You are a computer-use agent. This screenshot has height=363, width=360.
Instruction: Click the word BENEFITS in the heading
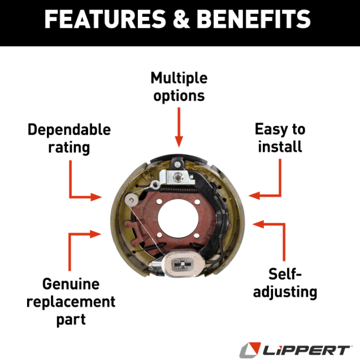pyautogui.click(x=254, y=20)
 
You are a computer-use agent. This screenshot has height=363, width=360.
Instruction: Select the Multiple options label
pyautogui.click(x=179, y=87)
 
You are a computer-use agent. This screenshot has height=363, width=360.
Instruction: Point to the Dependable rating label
pyautogui.click(x=69, y=139)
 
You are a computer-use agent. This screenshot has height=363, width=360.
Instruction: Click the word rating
pyautogui.click(x=69, y=148)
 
